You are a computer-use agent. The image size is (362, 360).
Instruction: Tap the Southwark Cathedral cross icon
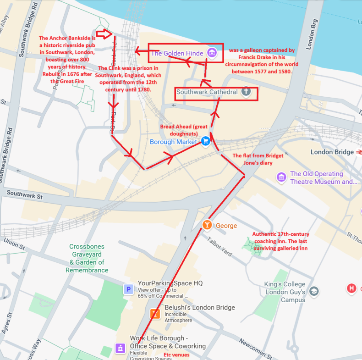point(246,92)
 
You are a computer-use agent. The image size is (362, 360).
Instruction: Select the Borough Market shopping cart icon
point(206,141)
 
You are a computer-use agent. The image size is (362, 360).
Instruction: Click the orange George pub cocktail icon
point(208,225)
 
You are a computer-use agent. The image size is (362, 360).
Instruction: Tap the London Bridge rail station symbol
point(358,152)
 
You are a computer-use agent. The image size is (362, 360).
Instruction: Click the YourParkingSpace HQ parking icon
point(129,289)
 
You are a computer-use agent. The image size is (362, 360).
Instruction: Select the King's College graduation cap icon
point(314,291)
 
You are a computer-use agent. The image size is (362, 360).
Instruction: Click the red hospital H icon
point(351,288)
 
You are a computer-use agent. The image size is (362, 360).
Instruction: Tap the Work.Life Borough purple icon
point(120,349)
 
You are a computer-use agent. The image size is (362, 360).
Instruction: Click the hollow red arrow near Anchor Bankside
point(104,33)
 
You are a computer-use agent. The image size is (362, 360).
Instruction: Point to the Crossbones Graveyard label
point(87,258)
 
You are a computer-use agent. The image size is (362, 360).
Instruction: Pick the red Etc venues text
point(176,355)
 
